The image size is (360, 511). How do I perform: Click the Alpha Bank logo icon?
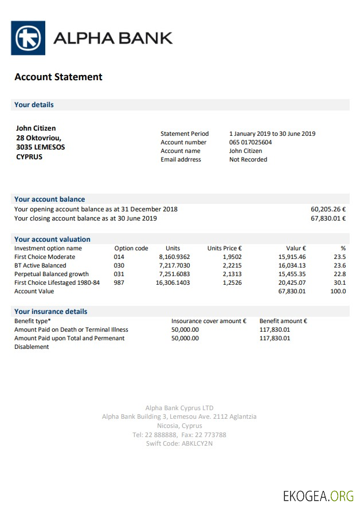point(28,38)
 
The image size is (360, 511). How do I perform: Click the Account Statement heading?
point(58,77)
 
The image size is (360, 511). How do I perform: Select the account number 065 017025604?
point(251,142)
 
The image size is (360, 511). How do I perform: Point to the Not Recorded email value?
point(248,159)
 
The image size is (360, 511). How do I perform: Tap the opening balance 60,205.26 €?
point(328,209)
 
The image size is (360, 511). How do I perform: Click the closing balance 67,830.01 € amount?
point(328,218)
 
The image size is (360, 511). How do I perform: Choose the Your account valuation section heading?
point(52,239)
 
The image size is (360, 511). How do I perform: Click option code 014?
point(119,257)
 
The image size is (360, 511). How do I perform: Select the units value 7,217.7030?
point(174,265)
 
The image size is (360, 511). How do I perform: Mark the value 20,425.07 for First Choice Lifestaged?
point(292,282)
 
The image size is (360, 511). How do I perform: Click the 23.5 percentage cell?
point(340,257)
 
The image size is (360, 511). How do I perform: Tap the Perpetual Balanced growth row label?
point(52,274)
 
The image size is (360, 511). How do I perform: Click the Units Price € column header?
point(224,248)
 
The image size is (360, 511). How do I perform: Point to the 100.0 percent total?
point(338,291)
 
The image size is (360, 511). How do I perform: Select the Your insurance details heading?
point(51,311)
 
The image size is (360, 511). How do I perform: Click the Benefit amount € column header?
point(283,321)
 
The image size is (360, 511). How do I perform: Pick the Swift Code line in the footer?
point(179,443)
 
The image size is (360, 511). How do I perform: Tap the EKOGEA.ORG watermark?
point(318,496)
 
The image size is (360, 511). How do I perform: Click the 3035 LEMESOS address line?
point(40,147)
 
